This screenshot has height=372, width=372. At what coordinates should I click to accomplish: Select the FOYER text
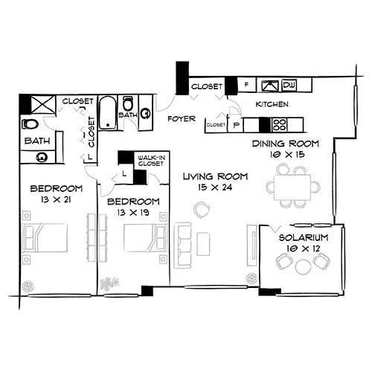tap(181, 118)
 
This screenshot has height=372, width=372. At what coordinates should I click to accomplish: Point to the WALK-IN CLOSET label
tap(151, 160)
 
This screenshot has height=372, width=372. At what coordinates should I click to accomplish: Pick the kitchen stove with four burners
tap(280, 124)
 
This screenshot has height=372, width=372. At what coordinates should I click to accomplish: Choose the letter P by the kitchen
tap(237, 126)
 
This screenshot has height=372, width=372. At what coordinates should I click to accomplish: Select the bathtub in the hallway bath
tap(107, 111)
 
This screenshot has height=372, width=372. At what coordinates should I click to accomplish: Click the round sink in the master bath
tap(40, 156)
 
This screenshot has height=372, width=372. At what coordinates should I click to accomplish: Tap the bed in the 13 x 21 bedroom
tap(46, 237)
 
